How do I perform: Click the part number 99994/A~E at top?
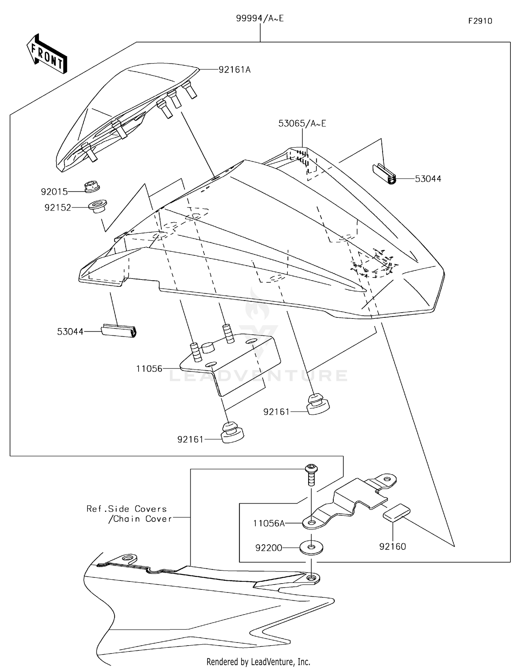point(260,19)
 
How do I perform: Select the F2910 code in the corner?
point(480,21)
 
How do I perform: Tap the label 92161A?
point(234,70)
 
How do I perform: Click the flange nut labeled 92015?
point(92,187)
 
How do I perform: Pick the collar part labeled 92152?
point(98,206)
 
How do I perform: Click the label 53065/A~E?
point(302,124)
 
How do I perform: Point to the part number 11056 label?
point(149,369)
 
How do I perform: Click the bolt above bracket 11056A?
point(311,474)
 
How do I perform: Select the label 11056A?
point(269,524)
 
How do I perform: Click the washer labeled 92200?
point(311,547)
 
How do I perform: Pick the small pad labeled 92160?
point(396,512)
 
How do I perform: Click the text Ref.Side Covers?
point(126,509)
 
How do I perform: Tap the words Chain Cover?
point(140,519)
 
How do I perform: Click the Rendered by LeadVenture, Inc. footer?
point(258,661)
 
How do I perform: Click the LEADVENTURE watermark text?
point(258,376)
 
